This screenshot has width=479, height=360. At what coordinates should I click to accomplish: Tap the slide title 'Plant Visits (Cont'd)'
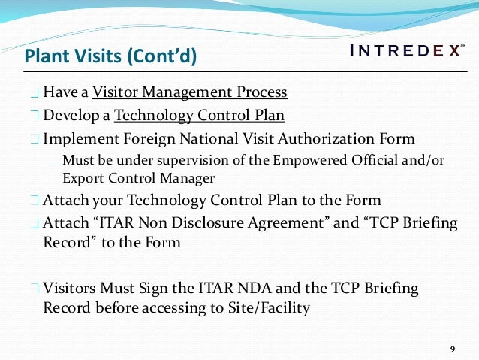pos(110,56)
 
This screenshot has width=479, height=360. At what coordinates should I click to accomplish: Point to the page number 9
pos(452,349)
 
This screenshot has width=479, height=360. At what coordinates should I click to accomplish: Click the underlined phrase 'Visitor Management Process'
pos(190,93)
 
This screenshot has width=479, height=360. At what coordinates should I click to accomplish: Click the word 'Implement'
pos(78,139)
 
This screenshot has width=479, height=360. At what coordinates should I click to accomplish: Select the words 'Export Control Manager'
pos(139,178)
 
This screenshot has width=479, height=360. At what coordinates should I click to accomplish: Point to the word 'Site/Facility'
pos(269,307)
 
